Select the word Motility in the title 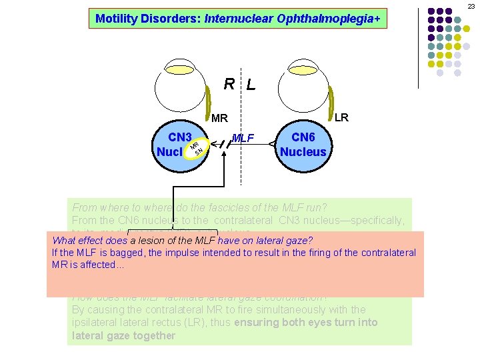click(118, 19)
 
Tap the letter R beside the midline click(229, 84)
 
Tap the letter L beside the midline click(250, 85)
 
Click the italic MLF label click(243, 138)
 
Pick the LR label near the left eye click(341, 118)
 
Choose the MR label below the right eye click(219, 119)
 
